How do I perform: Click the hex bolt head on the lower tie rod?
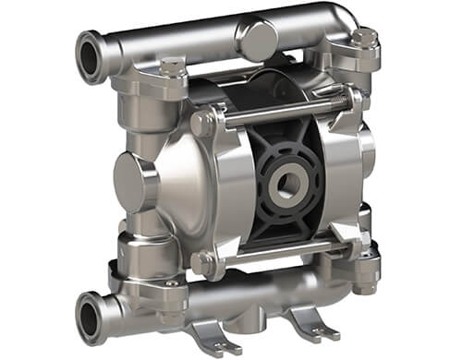click(203, 263)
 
